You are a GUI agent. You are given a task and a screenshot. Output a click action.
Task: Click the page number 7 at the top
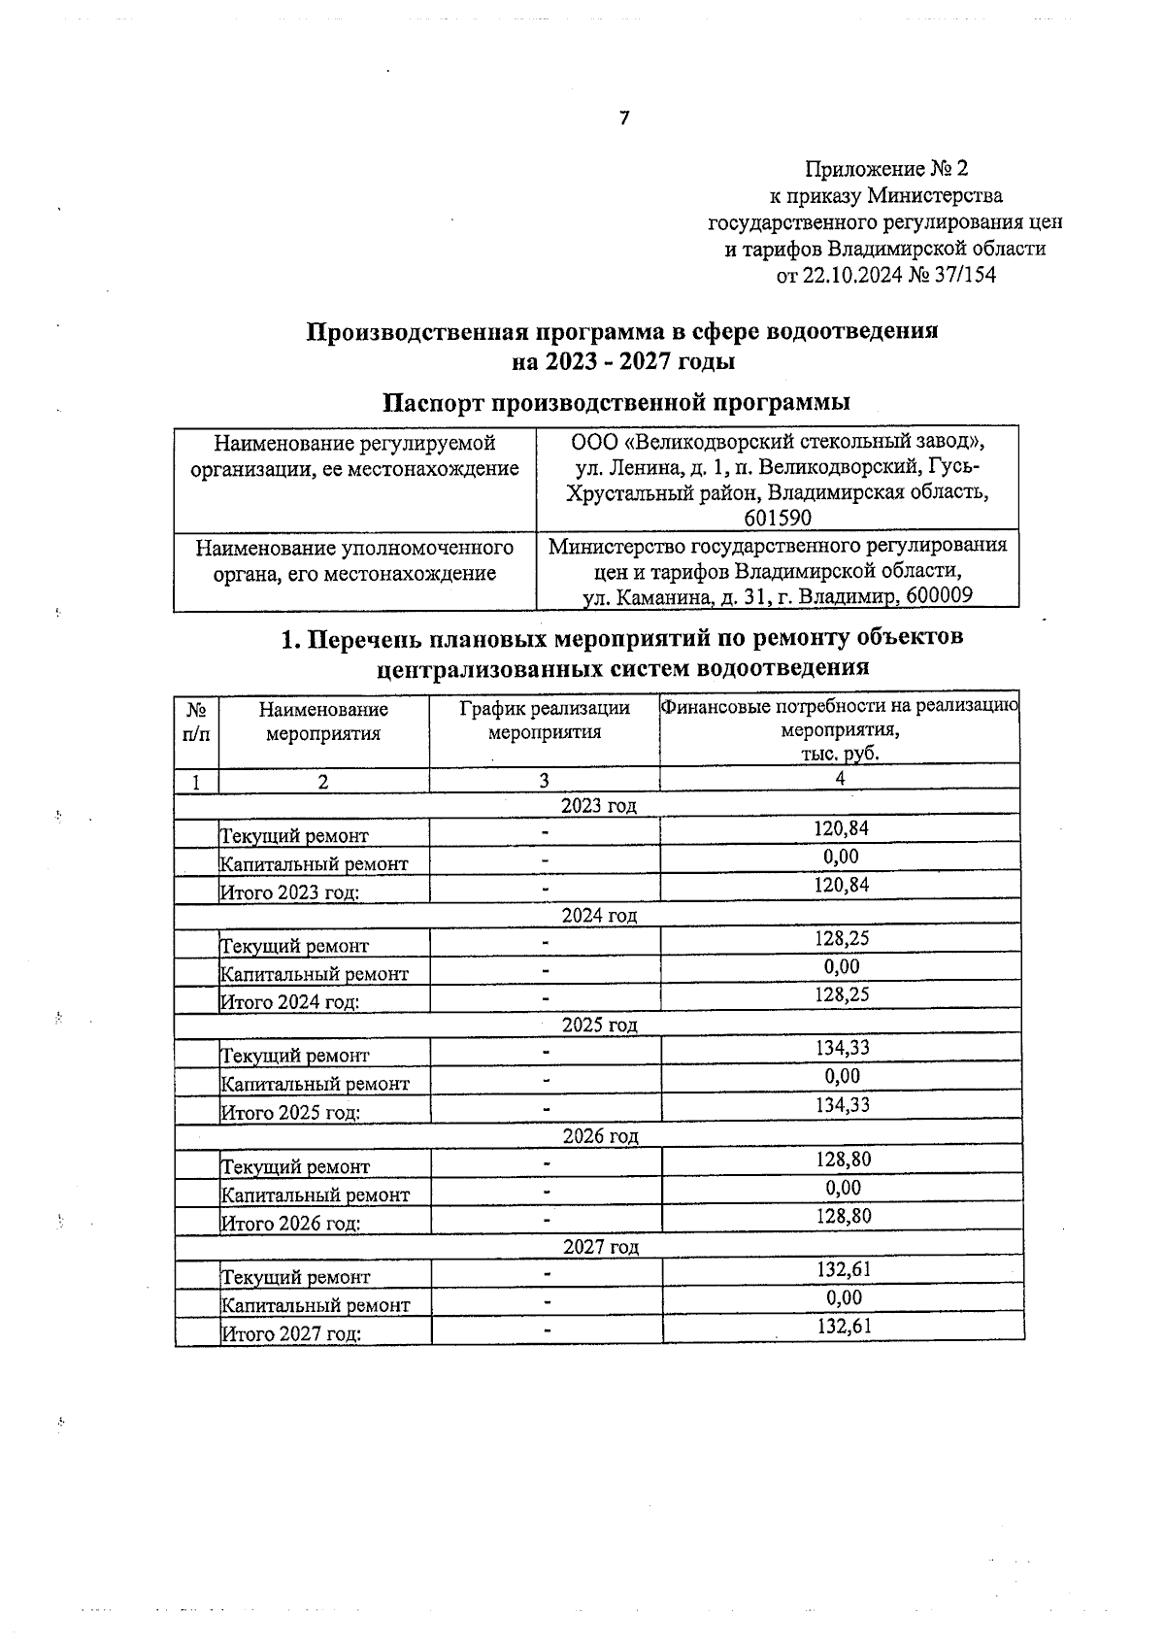(624, 118)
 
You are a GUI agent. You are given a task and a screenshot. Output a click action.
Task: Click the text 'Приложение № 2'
(885, 169)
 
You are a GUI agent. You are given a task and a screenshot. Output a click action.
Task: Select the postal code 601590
(778, 518)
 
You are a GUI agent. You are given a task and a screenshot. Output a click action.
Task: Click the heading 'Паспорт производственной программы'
(616, 402)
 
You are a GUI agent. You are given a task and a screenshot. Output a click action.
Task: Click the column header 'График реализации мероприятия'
(545, 721)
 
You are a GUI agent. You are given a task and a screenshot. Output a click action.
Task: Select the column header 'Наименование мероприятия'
(323, 722)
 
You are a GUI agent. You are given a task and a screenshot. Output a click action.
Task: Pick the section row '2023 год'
(599, 805)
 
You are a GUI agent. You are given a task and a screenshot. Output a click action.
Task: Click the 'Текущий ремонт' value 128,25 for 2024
(841, 938)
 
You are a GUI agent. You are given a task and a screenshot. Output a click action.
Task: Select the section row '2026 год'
(600, 1135)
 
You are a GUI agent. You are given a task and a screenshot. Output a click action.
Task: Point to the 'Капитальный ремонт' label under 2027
(316, 1305)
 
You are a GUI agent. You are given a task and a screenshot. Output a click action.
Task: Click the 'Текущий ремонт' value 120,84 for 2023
(841, 828)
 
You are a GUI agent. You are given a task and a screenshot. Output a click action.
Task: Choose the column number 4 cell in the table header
(840, 779)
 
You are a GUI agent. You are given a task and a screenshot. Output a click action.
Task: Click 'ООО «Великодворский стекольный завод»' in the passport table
(778, 442)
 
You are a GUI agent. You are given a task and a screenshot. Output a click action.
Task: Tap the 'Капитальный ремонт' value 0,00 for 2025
(842, 1076)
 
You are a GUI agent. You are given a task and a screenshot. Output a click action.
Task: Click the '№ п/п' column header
(196, 722)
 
